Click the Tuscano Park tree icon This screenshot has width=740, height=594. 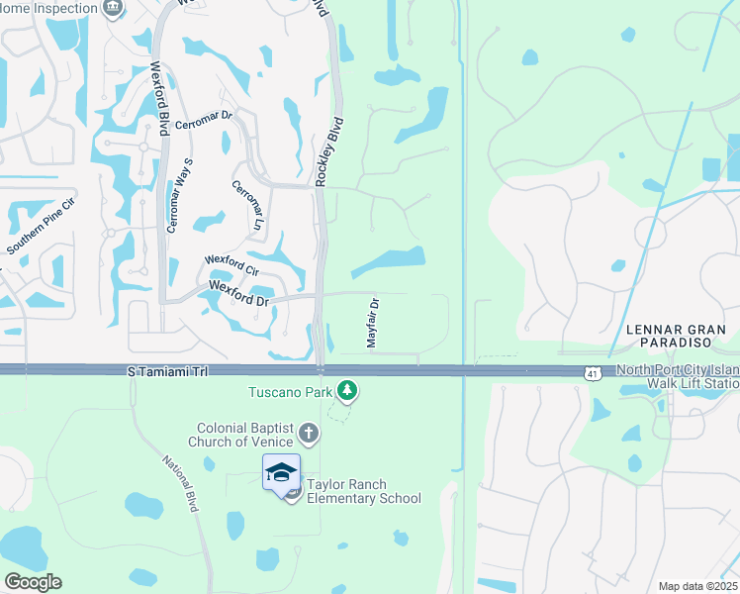tap(346, 392)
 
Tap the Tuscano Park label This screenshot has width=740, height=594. tap(289, 391)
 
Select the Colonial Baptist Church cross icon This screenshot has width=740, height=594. tap(309, 433)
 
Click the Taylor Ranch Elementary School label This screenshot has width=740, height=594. tap(363, 491)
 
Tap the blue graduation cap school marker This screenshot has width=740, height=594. tap(281, 472)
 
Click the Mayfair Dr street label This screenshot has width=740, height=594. tap(373, 322)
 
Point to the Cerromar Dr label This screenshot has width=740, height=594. tap(203, 122)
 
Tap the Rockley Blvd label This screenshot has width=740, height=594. tap(330, 152)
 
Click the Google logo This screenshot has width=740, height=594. tap(34, 581)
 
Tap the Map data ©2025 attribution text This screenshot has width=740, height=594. tap(696, 586)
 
